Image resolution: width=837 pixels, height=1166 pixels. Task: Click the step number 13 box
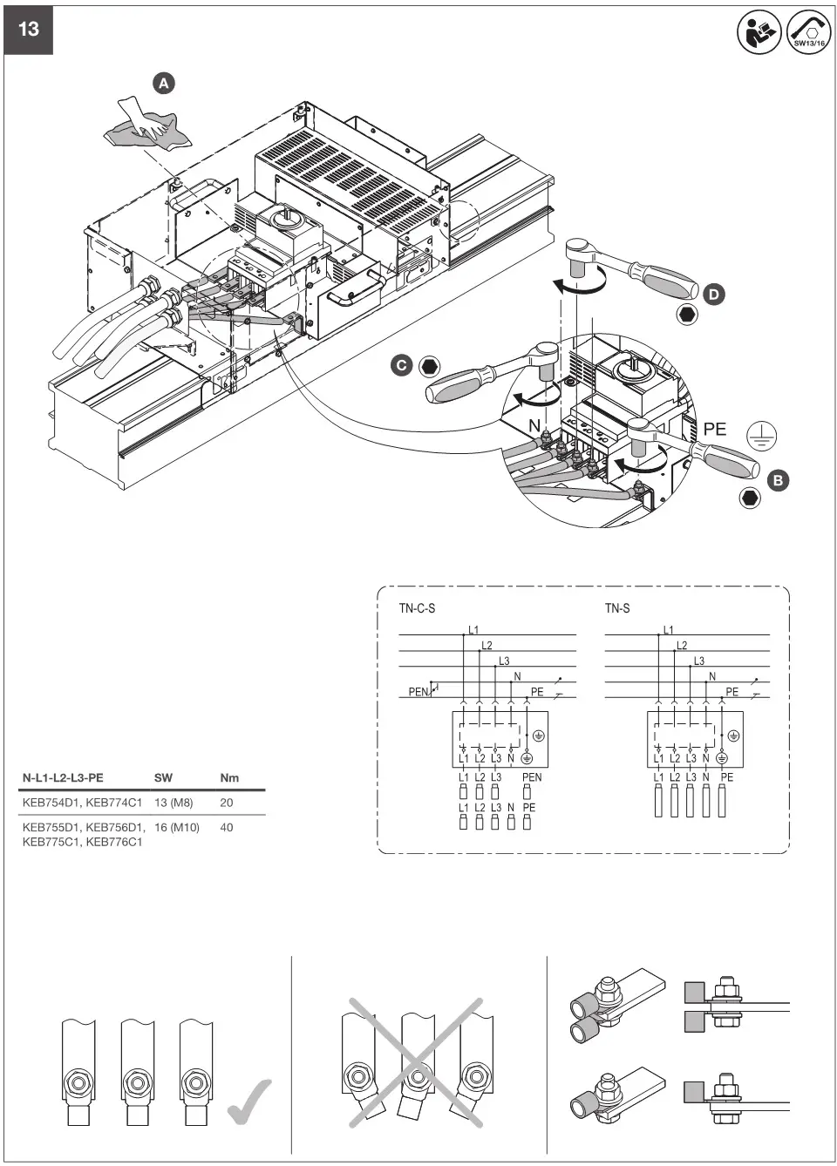pos(29,30)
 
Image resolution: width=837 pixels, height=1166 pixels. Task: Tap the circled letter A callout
pos(164,84)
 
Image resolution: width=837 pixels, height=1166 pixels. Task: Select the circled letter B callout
pos(778,479)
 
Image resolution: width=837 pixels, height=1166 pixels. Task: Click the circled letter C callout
pos(401,365)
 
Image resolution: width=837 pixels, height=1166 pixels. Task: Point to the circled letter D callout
pos(713,295)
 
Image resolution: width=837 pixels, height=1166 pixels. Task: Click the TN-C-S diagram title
pos(417,608)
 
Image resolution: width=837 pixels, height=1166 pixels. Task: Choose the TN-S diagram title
pos(617,608)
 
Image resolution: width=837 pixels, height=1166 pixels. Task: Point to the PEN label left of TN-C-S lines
pos(418,692)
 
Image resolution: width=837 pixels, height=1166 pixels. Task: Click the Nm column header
pos(229,777)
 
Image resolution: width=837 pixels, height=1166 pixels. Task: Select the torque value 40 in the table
pos(227,827)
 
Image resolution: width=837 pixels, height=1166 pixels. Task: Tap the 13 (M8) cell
pos(174,803)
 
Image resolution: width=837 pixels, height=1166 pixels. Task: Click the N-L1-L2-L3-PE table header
pos(63,777)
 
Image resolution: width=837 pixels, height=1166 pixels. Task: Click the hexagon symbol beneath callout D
pos(687,315)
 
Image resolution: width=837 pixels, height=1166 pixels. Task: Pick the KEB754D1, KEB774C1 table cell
pos(82,803)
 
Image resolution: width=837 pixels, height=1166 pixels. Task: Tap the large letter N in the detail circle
pos(534,426)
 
